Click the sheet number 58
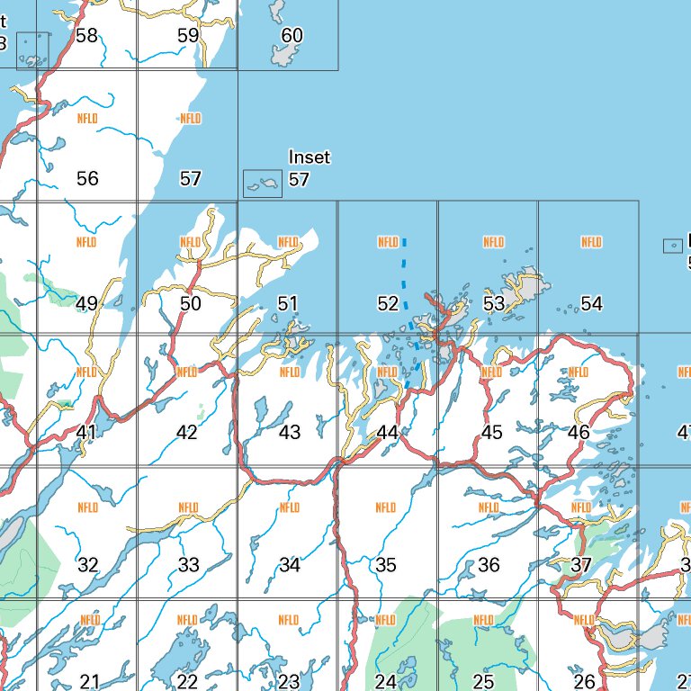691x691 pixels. pos(87,36)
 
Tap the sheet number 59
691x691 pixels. pos(188,36)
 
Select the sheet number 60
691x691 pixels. pos(292,36)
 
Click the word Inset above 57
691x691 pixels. pos(309,157)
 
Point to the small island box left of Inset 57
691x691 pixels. pos(262,184)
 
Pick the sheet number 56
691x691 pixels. pos(87,179)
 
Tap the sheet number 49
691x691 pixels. pos(87,304)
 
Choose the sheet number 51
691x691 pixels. pos(288,304)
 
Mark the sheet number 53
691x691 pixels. pos(494,304)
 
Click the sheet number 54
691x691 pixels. pos(591,304)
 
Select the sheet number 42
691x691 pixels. pos(186,433)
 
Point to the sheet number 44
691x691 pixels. pos(387,433)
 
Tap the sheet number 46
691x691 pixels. pos(579,433)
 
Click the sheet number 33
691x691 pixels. pos(188,565)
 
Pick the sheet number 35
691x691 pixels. pos(385,565)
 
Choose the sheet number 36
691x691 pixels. pos(489,565)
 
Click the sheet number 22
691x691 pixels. pos(187,682)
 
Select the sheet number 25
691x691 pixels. pos(483,682)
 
